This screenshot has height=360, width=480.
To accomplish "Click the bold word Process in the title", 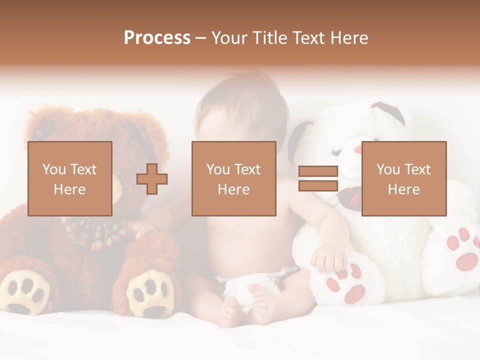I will pos(157,38).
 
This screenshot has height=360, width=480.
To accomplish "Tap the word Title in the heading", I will pos(269,38).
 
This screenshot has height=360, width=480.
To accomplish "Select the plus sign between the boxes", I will pos(152,179).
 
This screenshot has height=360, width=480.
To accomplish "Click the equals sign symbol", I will pos(318,178).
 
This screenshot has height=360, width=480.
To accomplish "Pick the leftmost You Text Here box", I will pos(70,178).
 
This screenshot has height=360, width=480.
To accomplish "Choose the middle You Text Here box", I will pos(233,178).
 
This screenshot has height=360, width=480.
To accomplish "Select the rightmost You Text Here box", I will pos(403,178).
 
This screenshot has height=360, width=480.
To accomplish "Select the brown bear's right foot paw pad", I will pos(150,295).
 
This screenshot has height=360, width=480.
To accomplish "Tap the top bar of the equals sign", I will pos(318,171).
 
